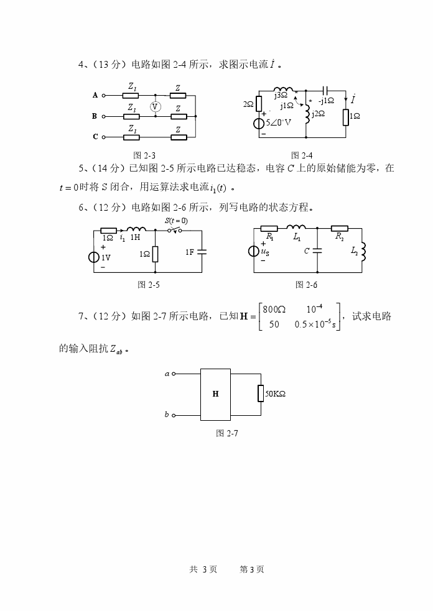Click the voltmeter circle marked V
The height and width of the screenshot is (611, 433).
(x=155, y=106)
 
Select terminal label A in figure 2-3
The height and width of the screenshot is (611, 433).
(x=95, y=95)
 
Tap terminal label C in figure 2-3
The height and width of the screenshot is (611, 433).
(x=95, y=137)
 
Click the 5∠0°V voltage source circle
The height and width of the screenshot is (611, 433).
(x=258, y=122)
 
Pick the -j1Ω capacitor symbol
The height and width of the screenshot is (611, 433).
(x=325, y=91)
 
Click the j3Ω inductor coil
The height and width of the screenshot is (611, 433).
(x=283, y=90)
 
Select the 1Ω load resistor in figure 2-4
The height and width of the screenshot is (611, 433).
(x=346, y=116)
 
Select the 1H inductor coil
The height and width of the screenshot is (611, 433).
(x=136, y=230)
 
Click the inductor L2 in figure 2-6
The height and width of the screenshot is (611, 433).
(x=364, y=251)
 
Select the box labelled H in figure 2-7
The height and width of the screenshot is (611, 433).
(x=215, y=394)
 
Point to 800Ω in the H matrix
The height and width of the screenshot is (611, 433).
(x=274, y=309)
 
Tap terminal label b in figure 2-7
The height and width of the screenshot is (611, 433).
(x=167, y=414)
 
